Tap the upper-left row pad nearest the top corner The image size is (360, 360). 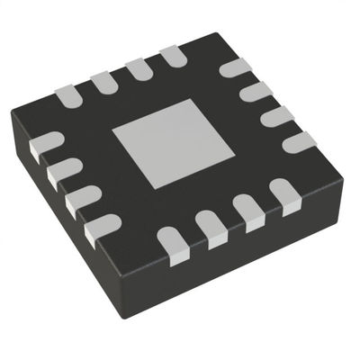coord(174,58)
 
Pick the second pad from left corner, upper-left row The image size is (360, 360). coord(103,82)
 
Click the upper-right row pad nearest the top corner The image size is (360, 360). coord(234,67)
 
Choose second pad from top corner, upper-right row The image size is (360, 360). coord(256,91)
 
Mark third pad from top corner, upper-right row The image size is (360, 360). coord(276,116)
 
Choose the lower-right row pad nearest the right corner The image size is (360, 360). coord(285,195)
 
